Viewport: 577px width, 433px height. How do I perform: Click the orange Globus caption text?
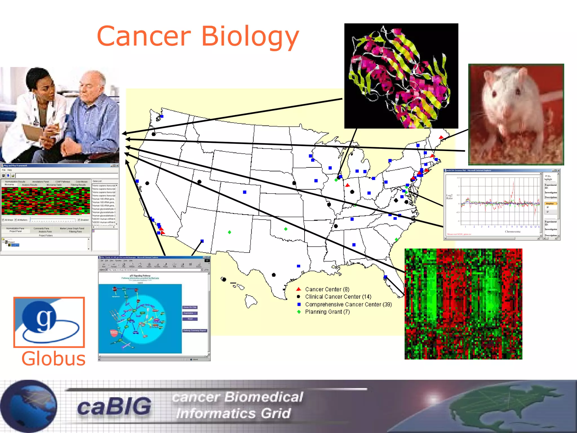53,359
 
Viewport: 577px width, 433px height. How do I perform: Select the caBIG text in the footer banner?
114,406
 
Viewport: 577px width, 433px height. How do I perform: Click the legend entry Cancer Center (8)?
327,289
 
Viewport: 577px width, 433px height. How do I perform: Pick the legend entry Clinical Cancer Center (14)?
338,297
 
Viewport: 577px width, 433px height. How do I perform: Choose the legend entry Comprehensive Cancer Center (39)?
348,304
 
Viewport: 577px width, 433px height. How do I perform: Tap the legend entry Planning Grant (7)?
327,312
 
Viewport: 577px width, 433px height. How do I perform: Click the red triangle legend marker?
299,289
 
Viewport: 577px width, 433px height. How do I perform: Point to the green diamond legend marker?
299,312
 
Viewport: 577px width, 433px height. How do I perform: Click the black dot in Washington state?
154,134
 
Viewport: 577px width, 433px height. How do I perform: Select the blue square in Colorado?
245,192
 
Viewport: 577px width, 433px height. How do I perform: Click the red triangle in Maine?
441,138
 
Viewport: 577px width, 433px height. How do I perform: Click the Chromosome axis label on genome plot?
512,232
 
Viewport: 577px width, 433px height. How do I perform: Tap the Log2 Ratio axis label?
449,196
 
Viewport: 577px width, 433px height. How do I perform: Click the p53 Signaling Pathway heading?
140,275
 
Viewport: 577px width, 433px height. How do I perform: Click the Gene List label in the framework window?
97,181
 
